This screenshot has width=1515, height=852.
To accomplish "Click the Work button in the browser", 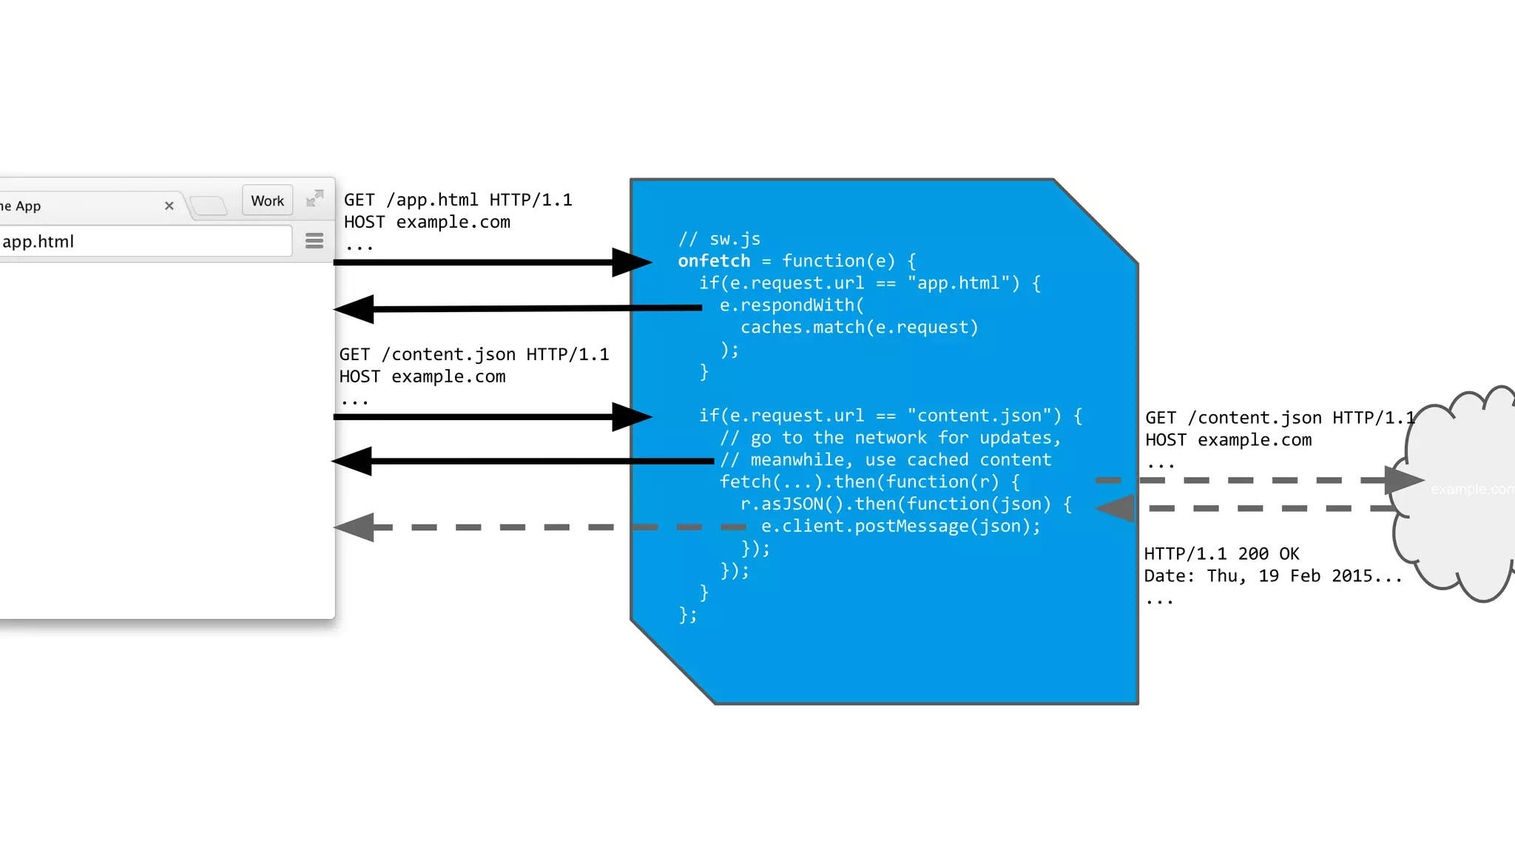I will tap(267, 200).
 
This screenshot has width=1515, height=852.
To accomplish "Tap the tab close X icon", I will tap(169, 206).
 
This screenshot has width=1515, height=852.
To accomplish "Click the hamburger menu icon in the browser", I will tap(314, 240).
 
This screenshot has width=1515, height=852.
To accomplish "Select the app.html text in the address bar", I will tap(38, 241).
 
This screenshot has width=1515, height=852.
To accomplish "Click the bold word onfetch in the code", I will tap(714, 261).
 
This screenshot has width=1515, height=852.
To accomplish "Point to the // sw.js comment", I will tap(719, 239).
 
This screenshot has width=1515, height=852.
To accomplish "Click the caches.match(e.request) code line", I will tap(859, 327).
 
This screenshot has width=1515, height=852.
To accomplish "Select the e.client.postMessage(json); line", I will tap(900, 526).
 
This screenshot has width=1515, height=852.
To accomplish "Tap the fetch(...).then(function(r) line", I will tap(869, 481).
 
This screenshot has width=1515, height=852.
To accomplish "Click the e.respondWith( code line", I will tap(792, 305).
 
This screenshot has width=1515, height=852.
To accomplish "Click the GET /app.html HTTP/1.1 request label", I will tap(458, 200).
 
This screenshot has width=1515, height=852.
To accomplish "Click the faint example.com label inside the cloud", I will tap(1471, 489).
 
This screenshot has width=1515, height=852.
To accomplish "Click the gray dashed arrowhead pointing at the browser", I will tap(355, 527).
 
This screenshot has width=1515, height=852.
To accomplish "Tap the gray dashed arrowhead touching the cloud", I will tap(1403, 480).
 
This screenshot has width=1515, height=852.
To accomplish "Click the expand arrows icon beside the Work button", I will tap(314, 198).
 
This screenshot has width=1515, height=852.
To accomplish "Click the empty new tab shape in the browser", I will tap(209, 205).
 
